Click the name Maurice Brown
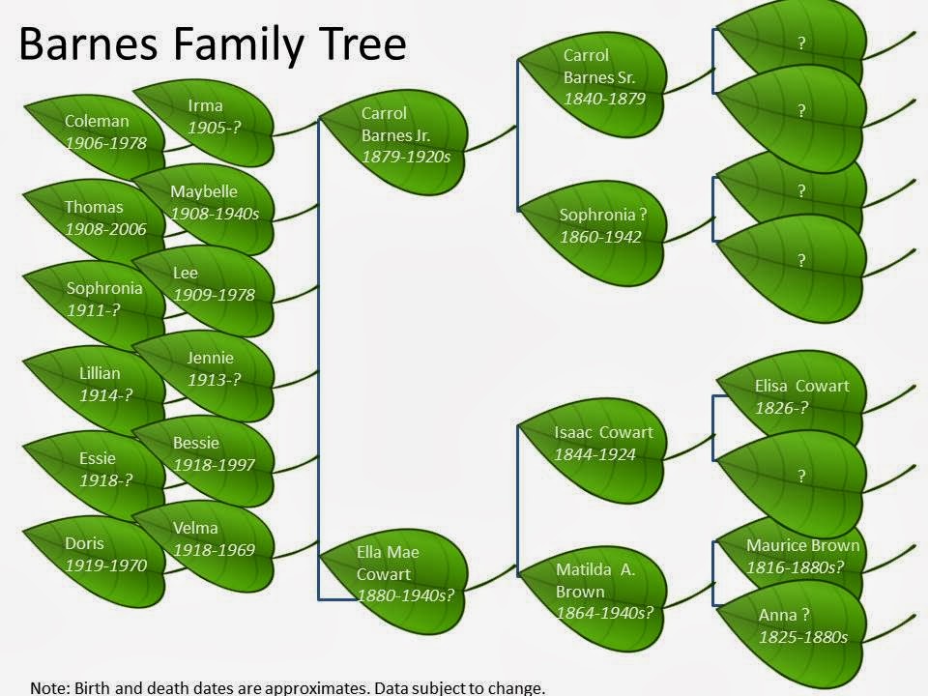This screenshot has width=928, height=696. coord(802,545)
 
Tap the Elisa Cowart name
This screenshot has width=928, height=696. coord(802,386)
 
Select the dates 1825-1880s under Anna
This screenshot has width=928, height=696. coord(803,637)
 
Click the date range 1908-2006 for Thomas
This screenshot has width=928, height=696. coord(105,229)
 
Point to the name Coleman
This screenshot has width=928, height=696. coord(97,121)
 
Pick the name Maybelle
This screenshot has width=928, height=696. coord(204,191)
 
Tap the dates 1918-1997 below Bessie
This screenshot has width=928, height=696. coord(214,465)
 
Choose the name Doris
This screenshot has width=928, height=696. coord(84,543)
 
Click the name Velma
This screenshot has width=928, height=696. coord(195,528)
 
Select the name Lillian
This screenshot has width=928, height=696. coord(100,373)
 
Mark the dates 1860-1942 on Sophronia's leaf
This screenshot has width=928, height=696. coord(600,237)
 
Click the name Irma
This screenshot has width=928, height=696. coord(205,106)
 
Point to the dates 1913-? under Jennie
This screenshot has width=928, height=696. coord(215,379)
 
